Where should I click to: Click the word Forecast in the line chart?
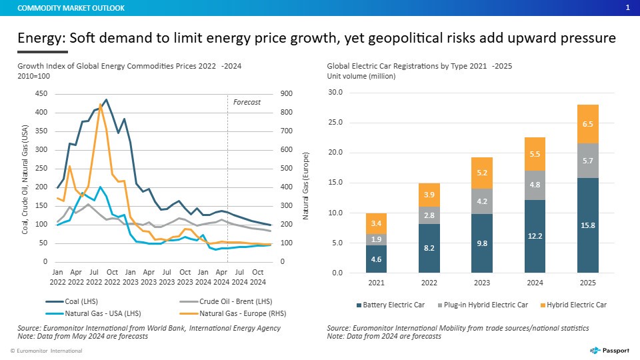click(x=247, y=102)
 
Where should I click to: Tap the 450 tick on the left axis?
click(x=41, y=94)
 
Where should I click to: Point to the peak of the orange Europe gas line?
click(x=101, y=104)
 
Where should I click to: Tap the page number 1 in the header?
click(x=628, y=8)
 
